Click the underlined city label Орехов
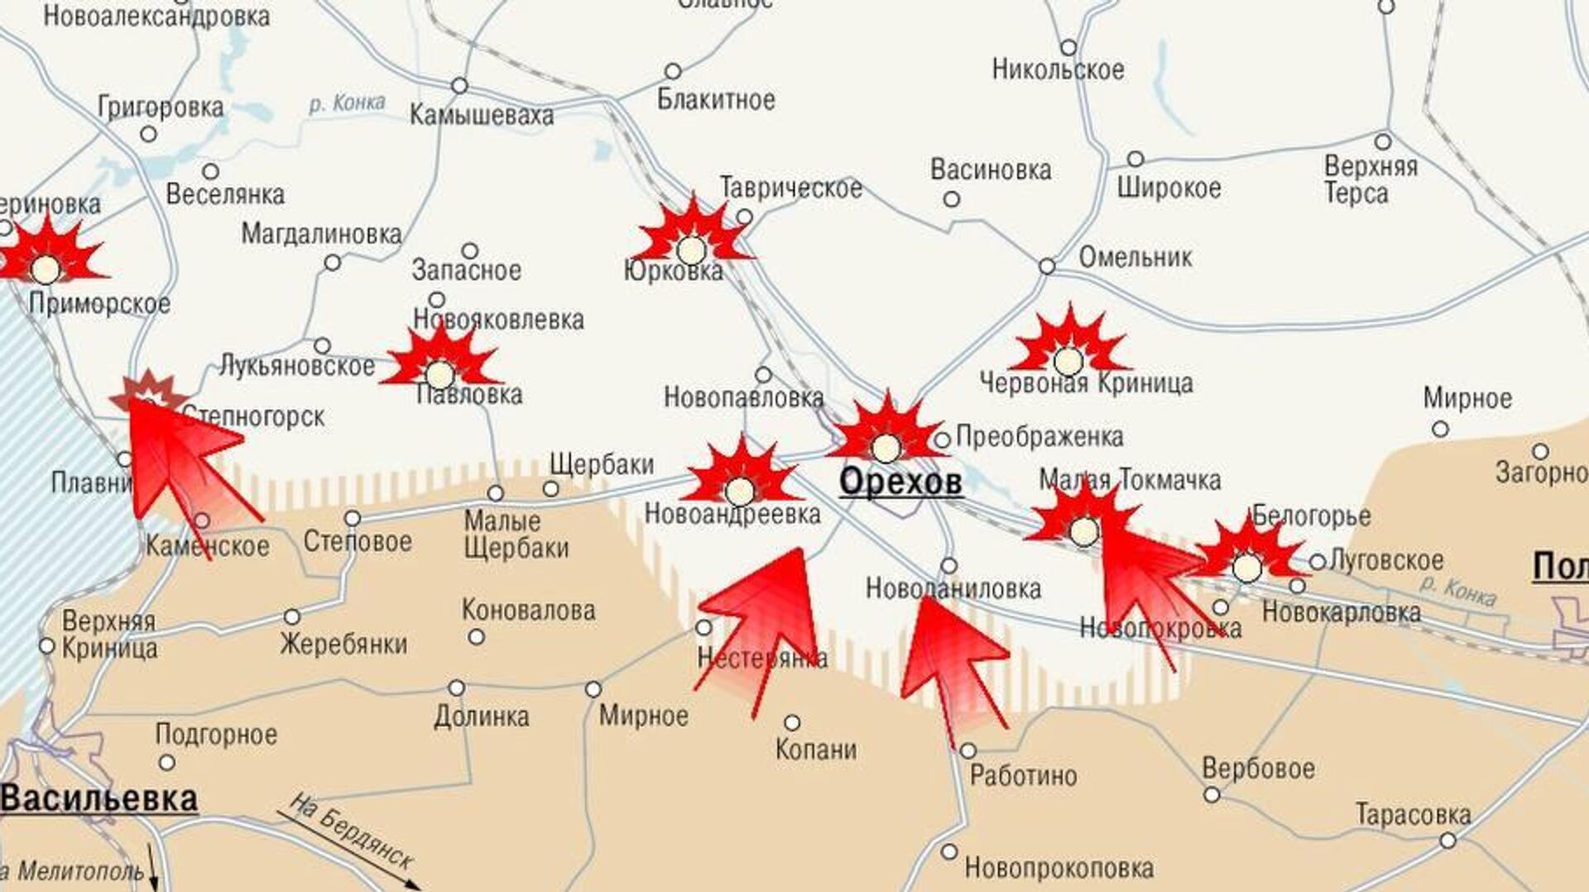tap(900, 482)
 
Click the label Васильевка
tap(99, 799)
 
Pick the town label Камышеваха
tap(482, 116)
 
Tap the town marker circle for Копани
tap(792, 722)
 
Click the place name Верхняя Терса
tap(1370, 180)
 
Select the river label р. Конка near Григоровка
tap(347, 103)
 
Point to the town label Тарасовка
tap(1413, 815)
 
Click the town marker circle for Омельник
tap(1047, 266)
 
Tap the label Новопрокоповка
tap(1059, 869)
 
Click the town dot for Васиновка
tap(952, 199)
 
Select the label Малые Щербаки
tap(516, 535)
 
